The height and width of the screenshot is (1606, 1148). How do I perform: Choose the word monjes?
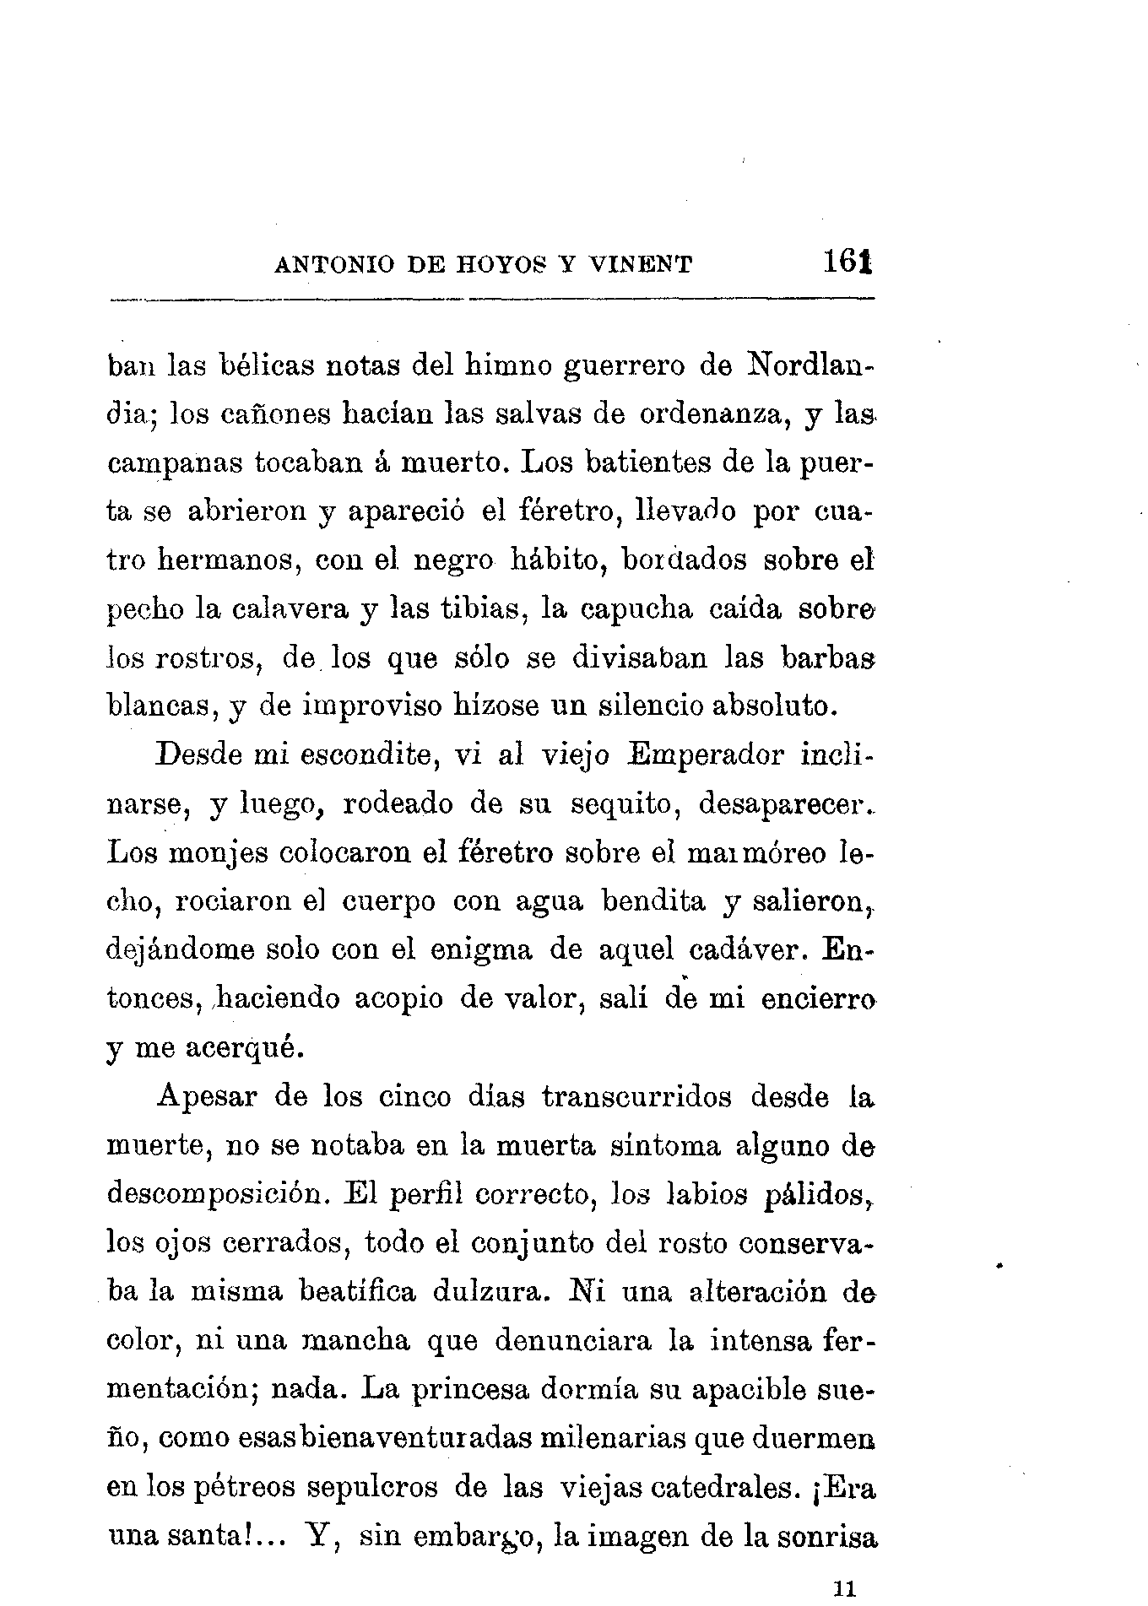(x=217, y=853)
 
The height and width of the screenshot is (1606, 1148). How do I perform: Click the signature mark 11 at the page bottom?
(x=845, y=1588)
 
